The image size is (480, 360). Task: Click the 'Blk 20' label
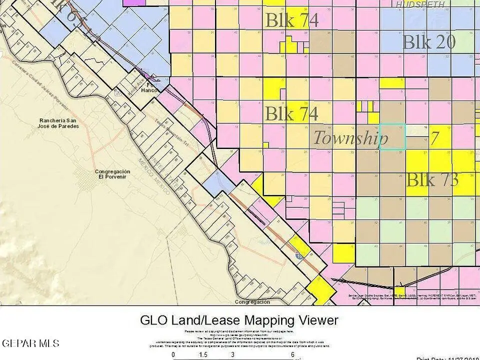point(428,42)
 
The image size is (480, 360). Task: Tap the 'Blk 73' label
point(432,179)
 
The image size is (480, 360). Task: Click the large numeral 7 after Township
point(435,138)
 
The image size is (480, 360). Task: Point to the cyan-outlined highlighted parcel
point(392,136)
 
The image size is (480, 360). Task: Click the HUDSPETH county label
point(420,4)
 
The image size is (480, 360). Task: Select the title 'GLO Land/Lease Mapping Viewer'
point(239,320)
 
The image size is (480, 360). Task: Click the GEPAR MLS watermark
point(30,343)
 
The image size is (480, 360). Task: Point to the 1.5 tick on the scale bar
point(203,354)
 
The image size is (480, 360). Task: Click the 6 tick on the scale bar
point(292,354)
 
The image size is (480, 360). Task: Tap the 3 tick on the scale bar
point(233,354)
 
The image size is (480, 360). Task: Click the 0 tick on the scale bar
point(173,354)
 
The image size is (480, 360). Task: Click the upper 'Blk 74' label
point(291,20)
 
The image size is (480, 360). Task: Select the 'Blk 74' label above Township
point(291,114)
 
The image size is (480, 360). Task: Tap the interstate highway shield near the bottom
point(299,254)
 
